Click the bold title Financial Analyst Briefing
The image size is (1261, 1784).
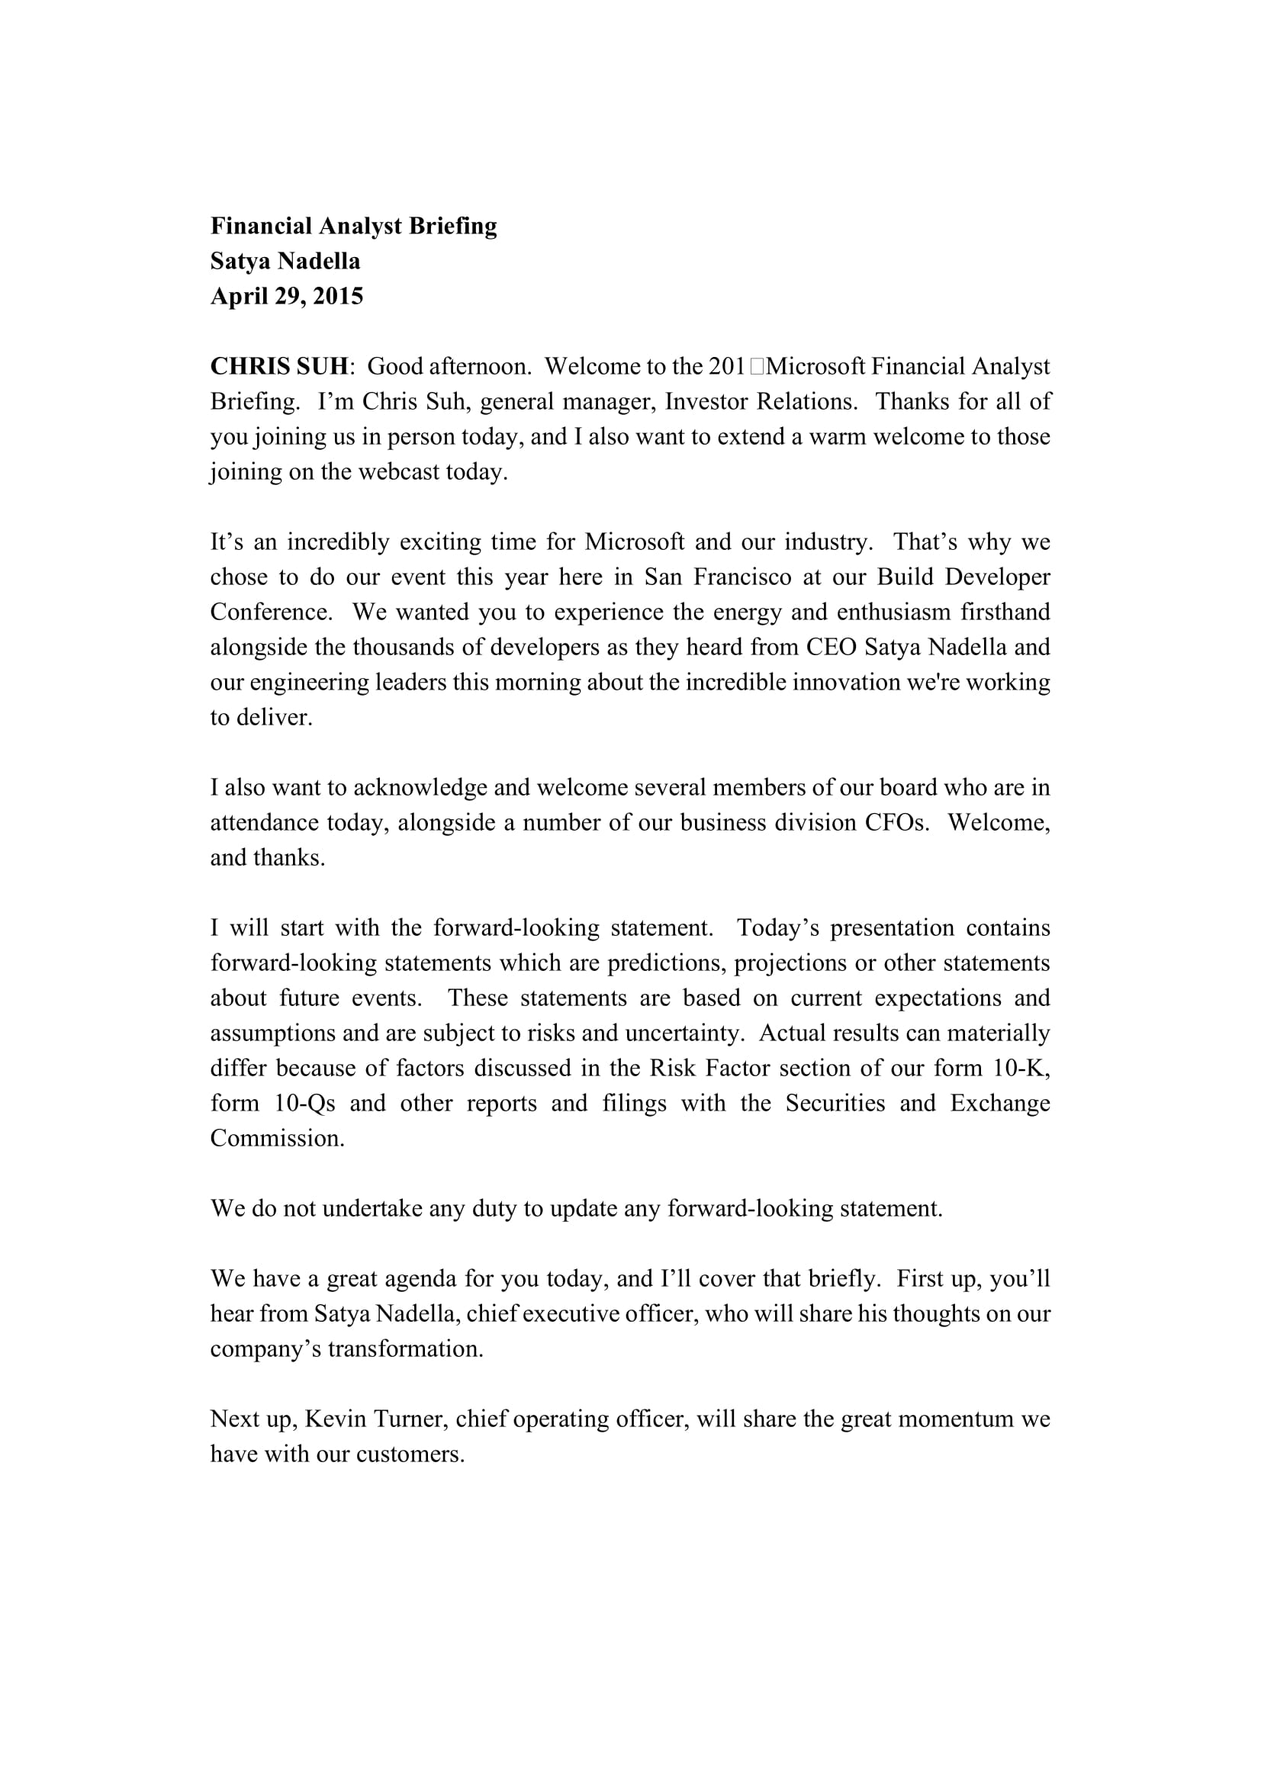353,226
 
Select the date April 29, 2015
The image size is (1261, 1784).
287,297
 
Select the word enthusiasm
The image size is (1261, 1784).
893,612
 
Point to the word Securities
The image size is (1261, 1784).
835,1103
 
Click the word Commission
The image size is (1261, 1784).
278,1137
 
